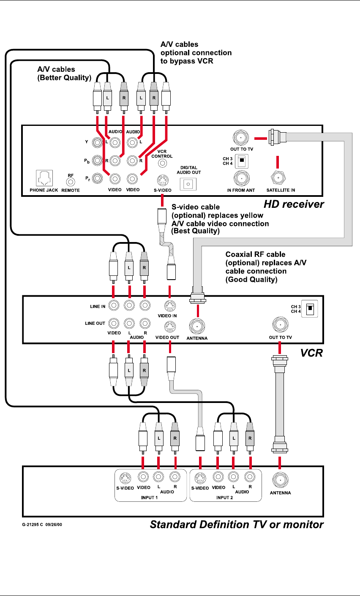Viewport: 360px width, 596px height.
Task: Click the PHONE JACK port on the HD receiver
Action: coord(44,178)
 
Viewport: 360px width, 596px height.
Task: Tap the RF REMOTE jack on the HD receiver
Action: coord(71,182)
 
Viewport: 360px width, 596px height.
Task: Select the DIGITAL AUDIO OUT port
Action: coord(188,184)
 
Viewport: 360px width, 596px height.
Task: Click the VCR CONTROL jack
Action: coord(162,163)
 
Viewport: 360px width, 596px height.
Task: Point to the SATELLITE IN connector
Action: coord(278,178)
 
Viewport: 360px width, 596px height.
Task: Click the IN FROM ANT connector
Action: coord(241,178)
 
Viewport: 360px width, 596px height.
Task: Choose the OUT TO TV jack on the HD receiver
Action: coord(241,138)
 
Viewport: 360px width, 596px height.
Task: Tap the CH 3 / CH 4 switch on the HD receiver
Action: coord(242,161)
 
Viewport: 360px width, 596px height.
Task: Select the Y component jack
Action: coord(97,143)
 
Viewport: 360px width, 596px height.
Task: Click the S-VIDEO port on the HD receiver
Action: coord(163,181)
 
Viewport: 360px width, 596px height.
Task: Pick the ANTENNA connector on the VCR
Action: coord(197,326)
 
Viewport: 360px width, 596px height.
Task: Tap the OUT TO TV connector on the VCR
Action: coord(280,324)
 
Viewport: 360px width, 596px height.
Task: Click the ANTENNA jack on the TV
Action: coord(280,480)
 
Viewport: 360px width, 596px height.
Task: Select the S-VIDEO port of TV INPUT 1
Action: coord(125,478)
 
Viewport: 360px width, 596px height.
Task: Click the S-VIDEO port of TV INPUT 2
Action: coord(200,478)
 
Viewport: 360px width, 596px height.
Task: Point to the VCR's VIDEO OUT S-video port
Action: coord(170,327)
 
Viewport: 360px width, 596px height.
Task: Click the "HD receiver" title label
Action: coord(294,204)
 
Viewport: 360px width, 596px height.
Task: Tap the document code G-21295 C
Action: coord(33,525)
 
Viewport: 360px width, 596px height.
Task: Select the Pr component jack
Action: coord(97,178)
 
